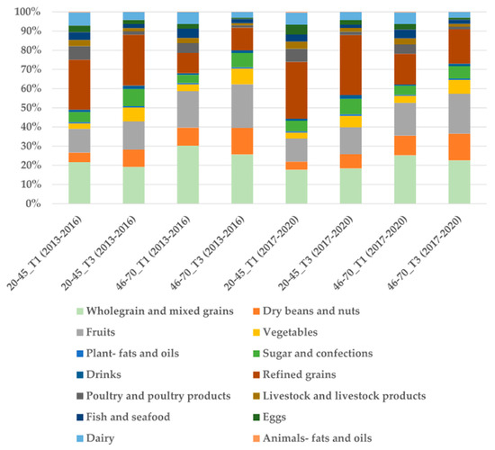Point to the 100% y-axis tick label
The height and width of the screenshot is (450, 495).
pos(28,12)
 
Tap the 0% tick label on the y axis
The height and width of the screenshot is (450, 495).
pos(33,203)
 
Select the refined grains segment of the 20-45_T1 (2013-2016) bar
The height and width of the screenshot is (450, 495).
pos(79,85)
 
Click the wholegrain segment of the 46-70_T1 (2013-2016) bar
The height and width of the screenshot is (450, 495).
pos(188,175)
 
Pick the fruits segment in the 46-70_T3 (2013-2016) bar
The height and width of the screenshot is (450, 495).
pos(242,106)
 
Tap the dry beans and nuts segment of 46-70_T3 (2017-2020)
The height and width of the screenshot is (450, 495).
pos(459,148)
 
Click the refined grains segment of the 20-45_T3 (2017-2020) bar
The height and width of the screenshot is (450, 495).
pos(351,65)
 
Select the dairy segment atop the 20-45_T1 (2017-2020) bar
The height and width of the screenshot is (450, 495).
pos(296,19)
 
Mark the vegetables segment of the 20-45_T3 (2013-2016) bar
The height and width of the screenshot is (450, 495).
pos(133,114)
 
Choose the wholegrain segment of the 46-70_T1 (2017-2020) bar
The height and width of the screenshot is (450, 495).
pos(405,179)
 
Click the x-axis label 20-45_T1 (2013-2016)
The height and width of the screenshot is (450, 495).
pos(45,253)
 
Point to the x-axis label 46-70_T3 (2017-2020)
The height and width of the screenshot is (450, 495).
pos(425,253)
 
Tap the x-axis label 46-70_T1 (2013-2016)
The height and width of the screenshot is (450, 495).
pos(153,253)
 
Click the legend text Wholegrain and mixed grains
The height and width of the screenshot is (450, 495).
pos(160,311)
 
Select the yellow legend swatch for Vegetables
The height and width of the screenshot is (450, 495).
pos(256,332)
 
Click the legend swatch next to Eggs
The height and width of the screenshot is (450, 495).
pos(256,418)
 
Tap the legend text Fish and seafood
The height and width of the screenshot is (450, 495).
pos(128,418)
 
